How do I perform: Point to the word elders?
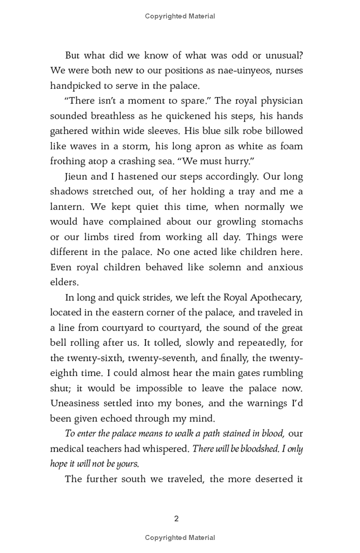64,282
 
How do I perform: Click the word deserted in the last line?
265,478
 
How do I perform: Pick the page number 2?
176,518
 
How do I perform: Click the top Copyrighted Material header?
180,16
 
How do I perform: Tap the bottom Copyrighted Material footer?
180,538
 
